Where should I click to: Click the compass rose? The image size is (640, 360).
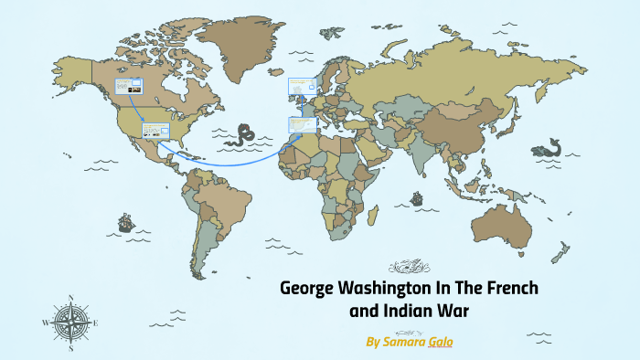pyautogui.click(x=71, y=322)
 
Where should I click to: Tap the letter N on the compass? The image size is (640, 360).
pyautogui.click(x=71, y=298)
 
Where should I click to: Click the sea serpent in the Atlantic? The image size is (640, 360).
pyautogui.click(x=244, y=135)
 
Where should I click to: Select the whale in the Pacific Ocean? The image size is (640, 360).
pyautogui.click(x=549, y=147)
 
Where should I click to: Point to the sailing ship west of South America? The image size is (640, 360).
pyautogui.click(x=124, y=222)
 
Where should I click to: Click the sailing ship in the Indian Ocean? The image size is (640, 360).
pyautogui.click(x=417, y=197)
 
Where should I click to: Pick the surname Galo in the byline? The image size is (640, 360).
pyautogui.click(x=439, y=341)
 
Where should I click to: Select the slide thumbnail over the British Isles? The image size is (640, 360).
pyautogui.click(x=300, y=87)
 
